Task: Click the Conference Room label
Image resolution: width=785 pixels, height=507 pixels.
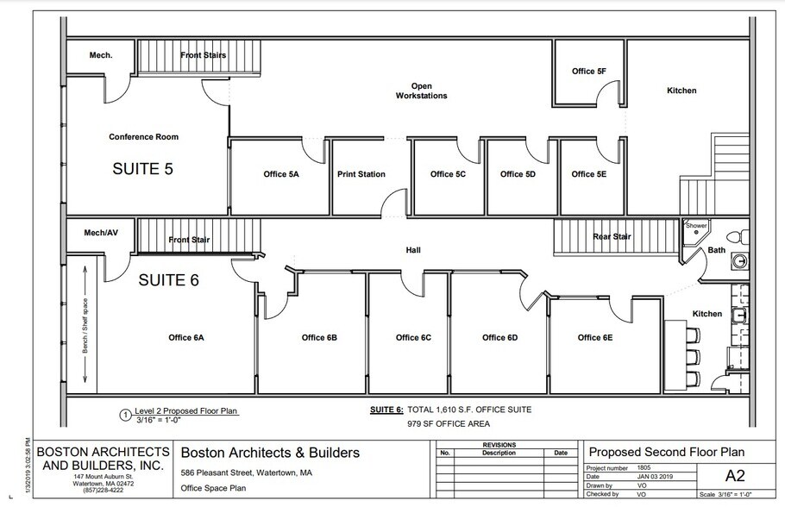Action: pyautogui.click(x=143, y=136)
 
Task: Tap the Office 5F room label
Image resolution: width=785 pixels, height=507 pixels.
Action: pyautogui.click(x=588, y=71)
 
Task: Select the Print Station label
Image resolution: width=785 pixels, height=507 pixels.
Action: pyautogui.click(x=361, y=174)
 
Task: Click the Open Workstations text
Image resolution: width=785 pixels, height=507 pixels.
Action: pyautogui.click(x=422, y=91)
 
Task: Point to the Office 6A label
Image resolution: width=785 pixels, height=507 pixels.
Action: pyautogui.click(x=186, y=337)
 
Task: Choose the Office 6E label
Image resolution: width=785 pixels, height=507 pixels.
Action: pyautogui.click(x=595, y=337)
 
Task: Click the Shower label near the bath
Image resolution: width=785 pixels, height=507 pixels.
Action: pyautogui.click(x=696, y=226)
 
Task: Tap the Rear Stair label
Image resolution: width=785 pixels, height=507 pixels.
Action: pyautogui.click(x=612, y=236)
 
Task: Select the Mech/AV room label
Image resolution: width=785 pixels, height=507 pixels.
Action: pyautogui.click(x=100, y=233)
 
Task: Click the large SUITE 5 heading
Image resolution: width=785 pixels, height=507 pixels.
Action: pyautogui.click(x=143, y=169)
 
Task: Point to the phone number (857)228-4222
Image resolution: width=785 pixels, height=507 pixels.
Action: pyautogui.click(x=90, y=492)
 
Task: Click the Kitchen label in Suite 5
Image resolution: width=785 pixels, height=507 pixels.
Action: pyautogui.click(x=681, y=91)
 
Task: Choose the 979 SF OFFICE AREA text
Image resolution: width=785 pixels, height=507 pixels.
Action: pyautogui.click(x=450, y=423)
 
